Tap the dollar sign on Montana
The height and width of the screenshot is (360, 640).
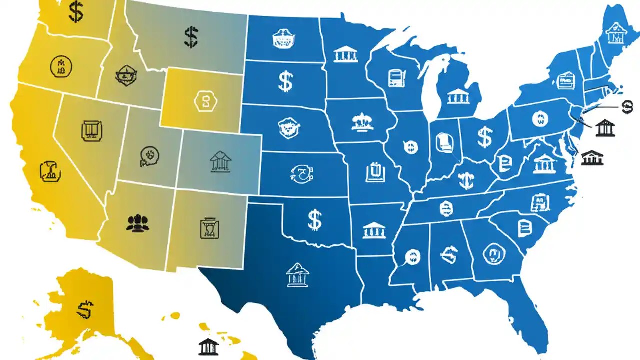pos(190,37)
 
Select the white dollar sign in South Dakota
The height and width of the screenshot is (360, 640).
pos(285,81)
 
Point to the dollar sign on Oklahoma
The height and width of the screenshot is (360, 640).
pos(314,220)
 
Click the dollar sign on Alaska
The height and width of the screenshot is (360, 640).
pos(85,310)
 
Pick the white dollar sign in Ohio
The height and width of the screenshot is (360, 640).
pos(484,137)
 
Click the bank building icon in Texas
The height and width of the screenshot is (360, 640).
pos(297,276)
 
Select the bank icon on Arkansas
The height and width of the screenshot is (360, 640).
pos(374,230)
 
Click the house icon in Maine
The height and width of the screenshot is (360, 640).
pos(614,34)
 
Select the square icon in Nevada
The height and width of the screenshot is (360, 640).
pos(91,130)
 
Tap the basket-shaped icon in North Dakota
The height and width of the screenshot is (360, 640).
pos(283,39)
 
